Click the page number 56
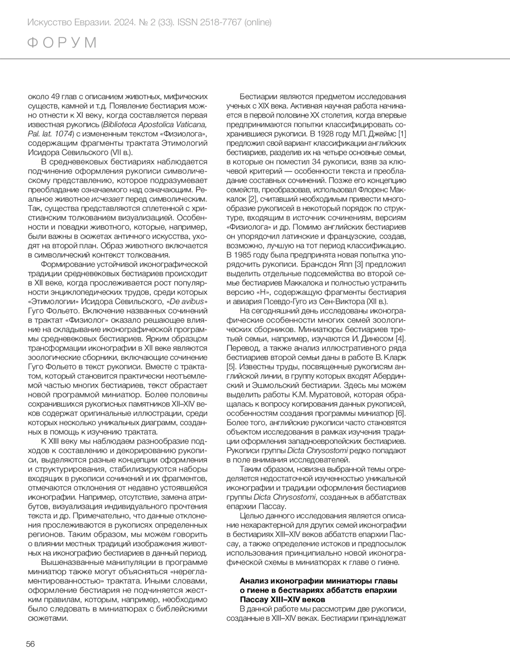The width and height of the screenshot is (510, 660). coord(30,644)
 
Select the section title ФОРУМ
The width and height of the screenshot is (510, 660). coord(62,43)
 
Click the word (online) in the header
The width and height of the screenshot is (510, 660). coord(258,22)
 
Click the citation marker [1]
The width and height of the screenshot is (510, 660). coord(401,134)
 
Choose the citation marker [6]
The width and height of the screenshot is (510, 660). coord(401,413)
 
